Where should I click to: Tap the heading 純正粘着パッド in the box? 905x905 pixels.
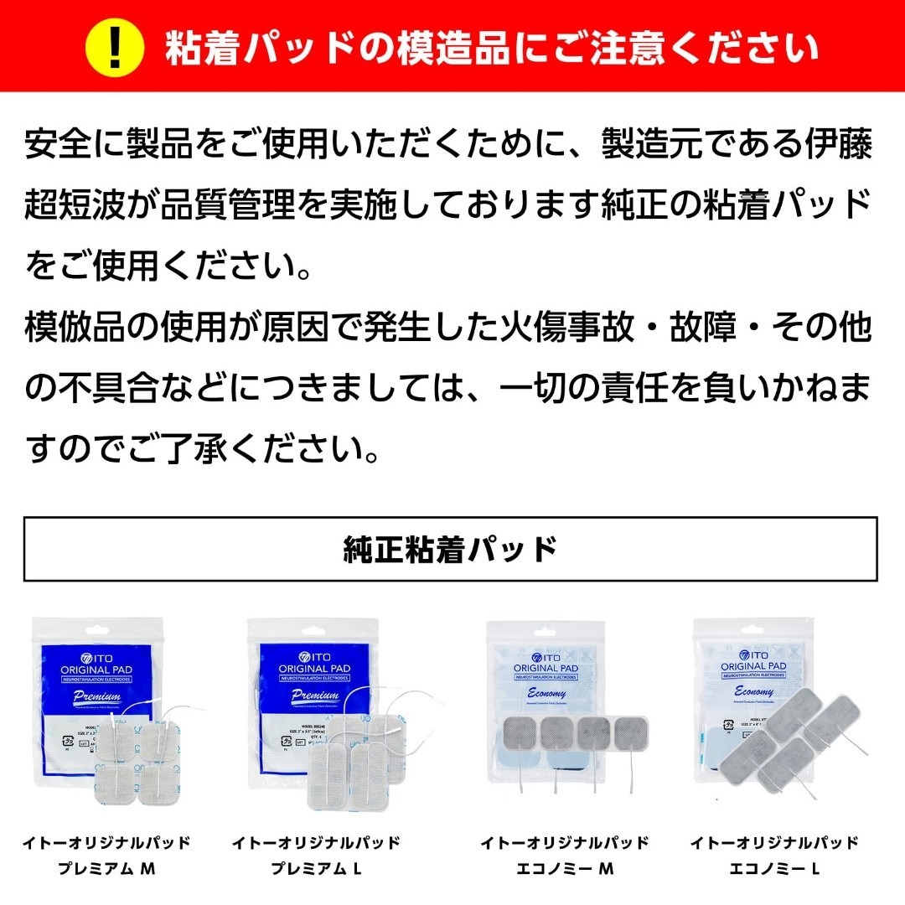pyautogui.click(x=451, y=550)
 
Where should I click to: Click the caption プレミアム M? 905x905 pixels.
pyautogui.click(x=106, y=870)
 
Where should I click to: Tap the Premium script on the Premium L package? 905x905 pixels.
pyautogui.click(x=316, y=696)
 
